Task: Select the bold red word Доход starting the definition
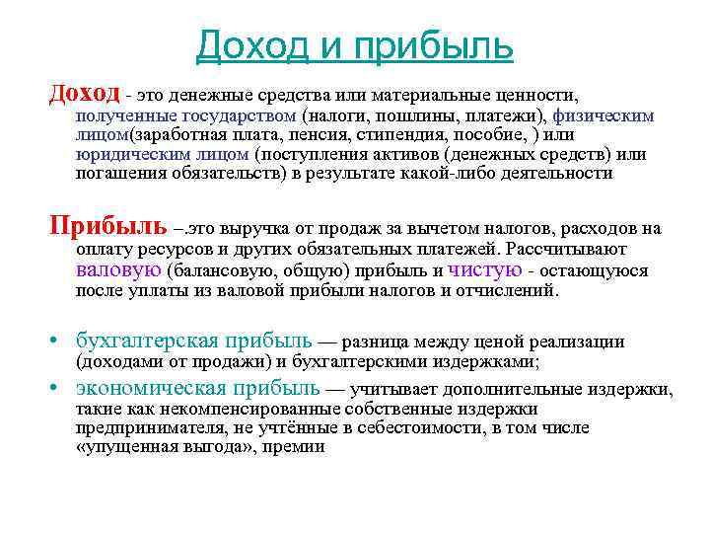(x=85, y=94)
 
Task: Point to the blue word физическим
(x=603, y=115)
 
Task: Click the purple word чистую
(x=485, y=269)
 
